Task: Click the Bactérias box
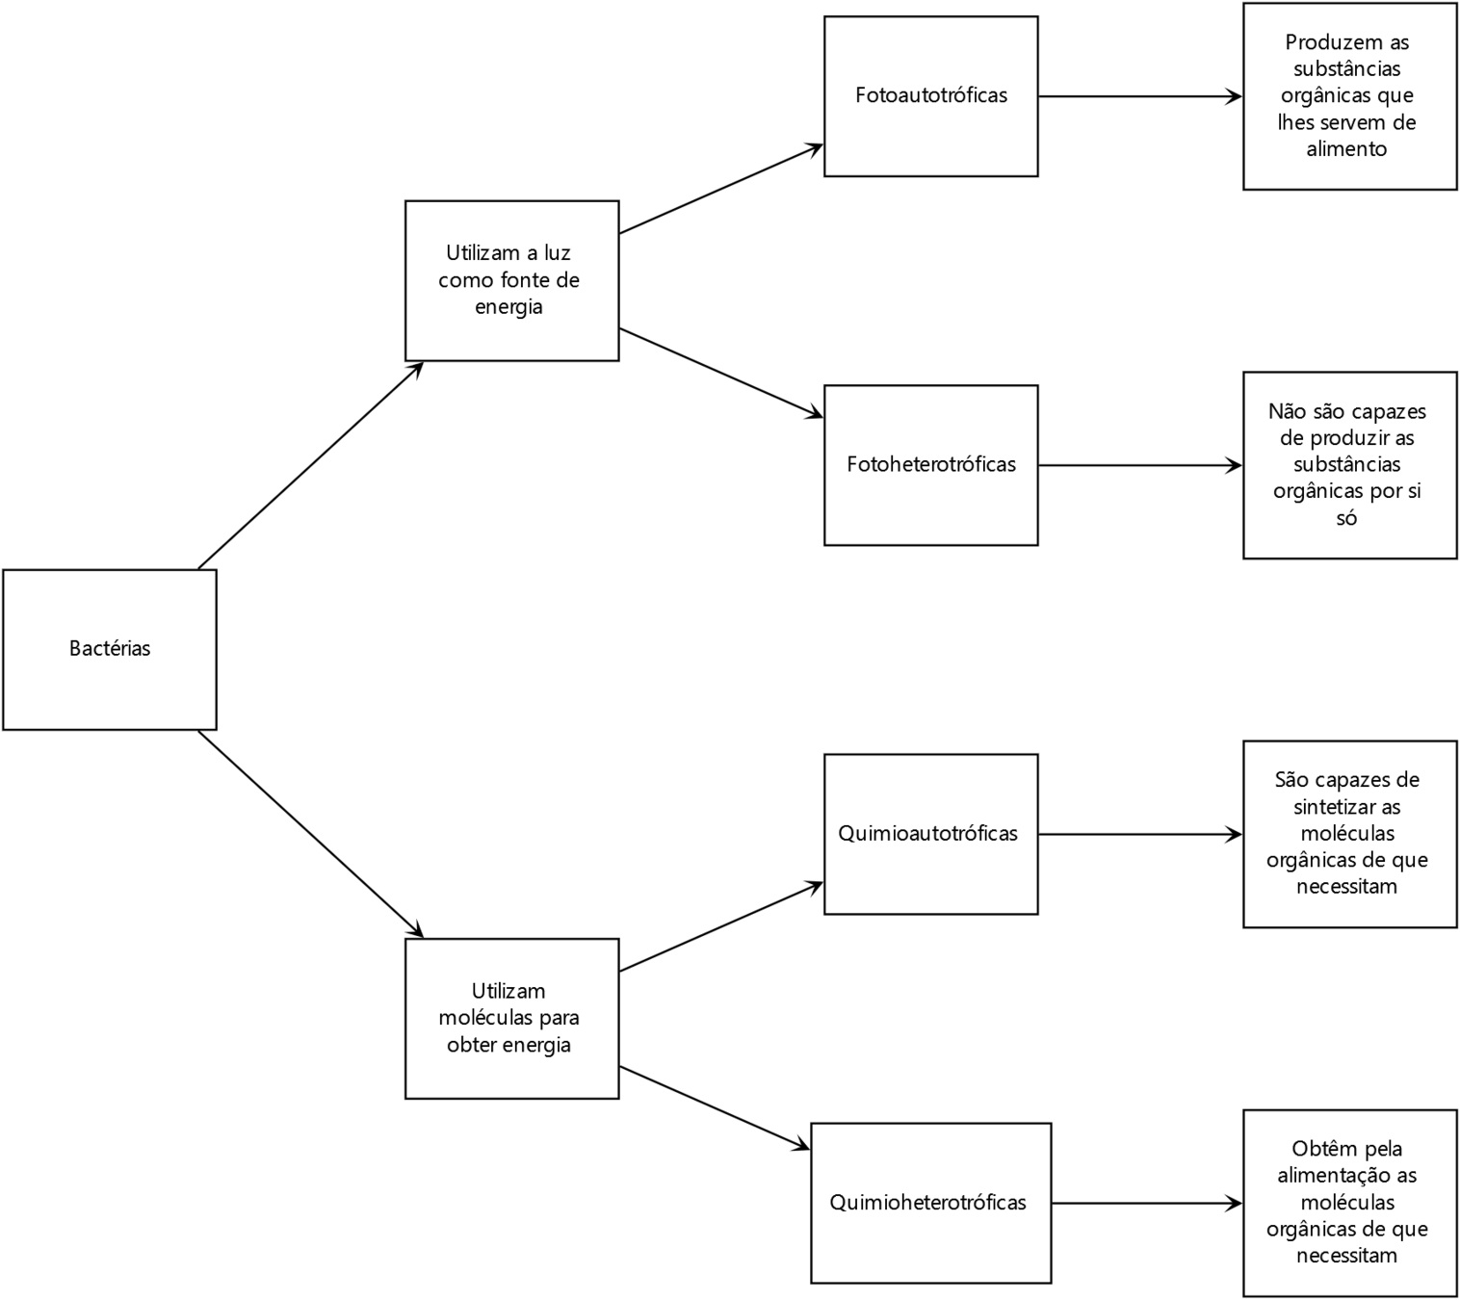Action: [110, 649]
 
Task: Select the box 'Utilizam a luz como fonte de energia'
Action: [511, 280]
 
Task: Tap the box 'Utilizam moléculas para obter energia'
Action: [511, 1018]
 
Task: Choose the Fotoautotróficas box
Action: [930, 95]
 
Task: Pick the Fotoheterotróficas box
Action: [930, 464]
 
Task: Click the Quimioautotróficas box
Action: [930, 834]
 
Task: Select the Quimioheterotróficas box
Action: [930, 1203]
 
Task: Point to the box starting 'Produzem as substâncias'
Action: [1349, 95]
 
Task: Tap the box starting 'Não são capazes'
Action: [1349, 465]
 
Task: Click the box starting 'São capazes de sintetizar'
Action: [1349, 834]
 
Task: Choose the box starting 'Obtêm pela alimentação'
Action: [1349, 1203]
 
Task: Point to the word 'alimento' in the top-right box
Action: [1346, 149]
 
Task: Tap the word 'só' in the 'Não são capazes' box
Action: [1346, 518]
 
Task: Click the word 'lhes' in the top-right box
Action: [1296, 122]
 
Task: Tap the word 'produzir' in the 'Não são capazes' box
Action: [1349, 438]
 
